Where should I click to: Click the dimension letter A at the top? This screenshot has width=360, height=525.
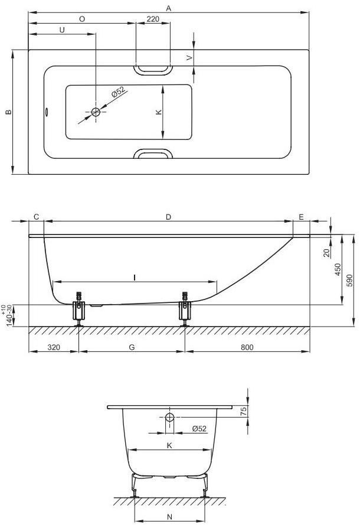(x=169, y=8)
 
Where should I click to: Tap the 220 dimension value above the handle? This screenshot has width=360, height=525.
(x=153, y=19)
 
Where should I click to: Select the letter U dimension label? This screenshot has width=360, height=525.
(x=62, y=30)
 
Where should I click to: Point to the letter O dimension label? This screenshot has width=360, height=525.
(x=82, y=19)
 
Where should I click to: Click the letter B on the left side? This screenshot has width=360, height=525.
(x=9, y=112)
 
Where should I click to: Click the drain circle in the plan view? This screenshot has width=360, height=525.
(x=96, y=112)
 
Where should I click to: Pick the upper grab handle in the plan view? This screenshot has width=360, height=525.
(x=153, y=70)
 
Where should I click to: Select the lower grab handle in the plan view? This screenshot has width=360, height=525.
(x=153, y=154)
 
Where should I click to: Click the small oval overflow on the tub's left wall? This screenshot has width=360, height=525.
(x=47, y=112)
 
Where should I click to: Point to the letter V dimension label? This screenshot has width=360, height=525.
(x=189, y=58)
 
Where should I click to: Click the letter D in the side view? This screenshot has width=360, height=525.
(x=168, y=217)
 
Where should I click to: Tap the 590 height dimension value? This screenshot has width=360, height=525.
(x=349, y=280)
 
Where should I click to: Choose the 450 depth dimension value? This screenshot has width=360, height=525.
(x=338, y=269)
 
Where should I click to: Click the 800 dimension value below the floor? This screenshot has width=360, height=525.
(x=247, y=347)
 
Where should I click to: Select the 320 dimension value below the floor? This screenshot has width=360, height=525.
(x=54, y=347)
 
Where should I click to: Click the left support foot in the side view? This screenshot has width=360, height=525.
(x=79, y=309)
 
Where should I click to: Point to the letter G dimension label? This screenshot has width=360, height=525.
(x=132, y=347)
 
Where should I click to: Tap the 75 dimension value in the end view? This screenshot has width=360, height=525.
(x=244, y=411)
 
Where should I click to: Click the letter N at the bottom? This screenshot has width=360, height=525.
(x=169, y=517)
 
